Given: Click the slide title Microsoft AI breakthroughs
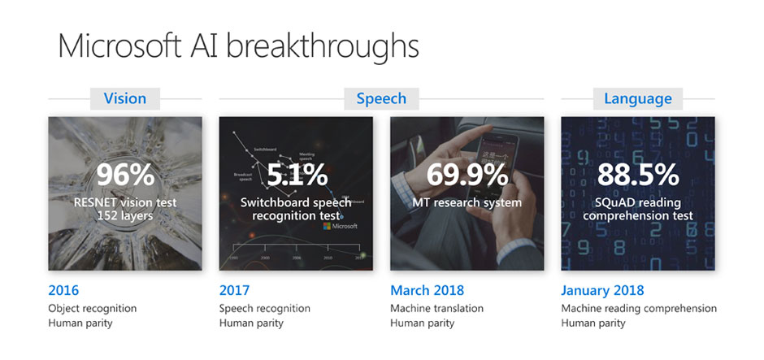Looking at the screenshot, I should click(238, 46).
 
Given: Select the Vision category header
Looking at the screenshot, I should click(125, 98).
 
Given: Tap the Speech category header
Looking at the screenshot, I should click(381, 98).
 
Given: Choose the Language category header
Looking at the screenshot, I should click(638, 98).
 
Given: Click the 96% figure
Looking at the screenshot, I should click(124, 174).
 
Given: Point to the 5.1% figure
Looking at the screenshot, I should click(297, 174).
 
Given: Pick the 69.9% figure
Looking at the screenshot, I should click(467, 174).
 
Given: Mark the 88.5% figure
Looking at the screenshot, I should click(638, 174).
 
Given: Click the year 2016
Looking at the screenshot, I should click(64, 290).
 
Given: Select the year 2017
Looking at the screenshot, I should click(235, 290).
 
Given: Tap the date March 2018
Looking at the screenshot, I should click(428, 290).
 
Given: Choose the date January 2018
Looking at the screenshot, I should click(602, 290).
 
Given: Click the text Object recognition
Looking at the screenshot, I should click(93, 308).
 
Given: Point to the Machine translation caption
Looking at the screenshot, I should click(436, 308).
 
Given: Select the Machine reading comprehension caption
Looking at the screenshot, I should click(639, 308).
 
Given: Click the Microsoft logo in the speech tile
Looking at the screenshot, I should click(340, 226).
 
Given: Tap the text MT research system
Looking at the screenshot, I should click(467, 202).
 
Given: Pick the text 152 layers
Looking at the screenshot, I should click(124, 215).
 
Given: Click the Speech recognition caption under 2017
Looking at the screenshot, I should click(264, 308).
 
